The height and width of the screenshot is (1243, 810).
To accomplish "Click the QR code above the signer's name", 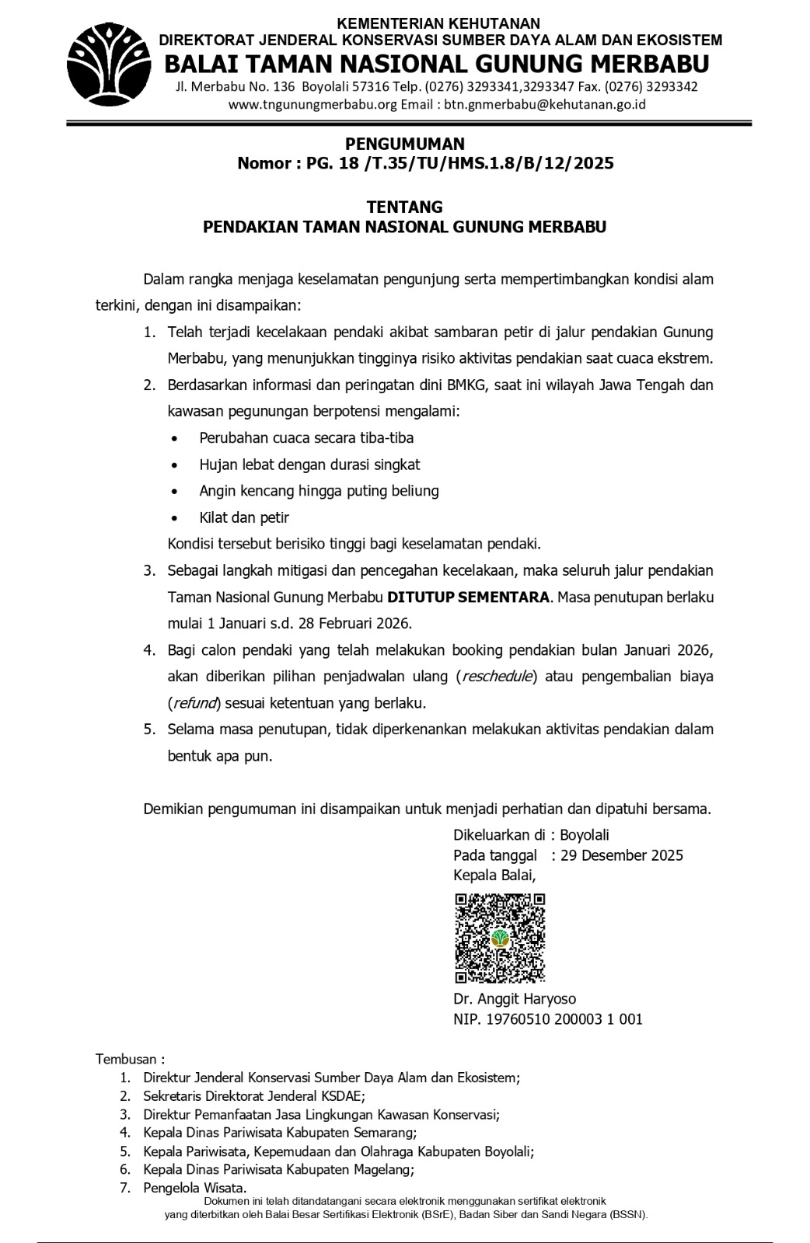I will (499, 938).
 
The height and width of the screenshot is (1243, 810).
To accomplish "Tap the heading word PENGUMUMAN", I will (404, 144).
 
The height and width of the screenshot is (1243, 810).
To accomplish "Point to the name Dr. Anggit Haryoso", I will (515, 999).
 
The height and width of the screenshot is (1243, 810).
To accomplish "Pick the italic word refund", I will (192, 703).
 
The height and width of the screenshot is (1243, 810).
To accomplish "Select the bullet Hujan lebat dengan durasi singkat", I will (309, 465).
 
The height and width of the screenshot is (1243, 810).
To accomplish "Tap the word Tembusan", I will (126, 1059).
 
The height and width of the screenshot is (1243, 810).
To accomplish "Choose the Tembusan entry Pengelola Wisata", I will (194, 1188).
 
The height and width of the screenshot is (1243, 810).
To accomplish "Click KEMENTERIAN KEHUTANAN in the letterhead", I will (439, 24).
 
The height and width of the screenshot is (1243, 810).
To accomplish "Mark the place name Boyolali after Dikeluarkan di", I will (585, 835).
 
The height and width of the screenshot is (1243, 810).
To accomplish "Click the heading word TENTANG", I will (404, 207).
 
